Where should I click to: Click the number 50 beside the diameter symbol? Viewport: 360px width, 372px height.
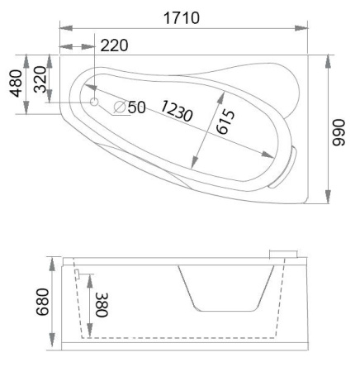click(136, 107)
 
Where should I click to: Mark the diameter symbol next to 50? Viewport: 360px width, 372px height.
click(119, 107)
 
